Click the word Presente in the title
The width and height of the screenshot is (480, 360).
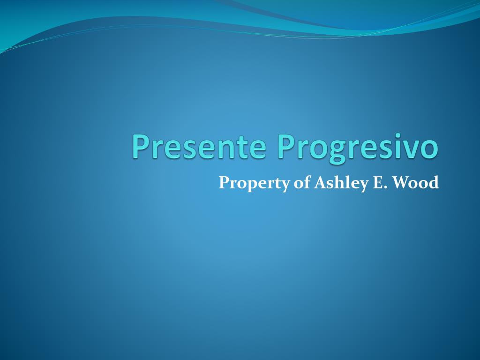click(x=200, y=146)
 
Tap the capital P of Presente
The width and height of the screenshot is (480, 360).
click(x=140, y=146)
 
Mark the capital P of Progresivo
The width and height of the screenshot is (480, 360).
click(x=285, y=146)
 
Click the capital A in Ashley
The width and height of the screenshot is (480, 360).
click(x=319, y=182)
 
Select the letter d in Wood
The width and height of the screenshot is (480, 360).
click(x=434, y=182)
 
